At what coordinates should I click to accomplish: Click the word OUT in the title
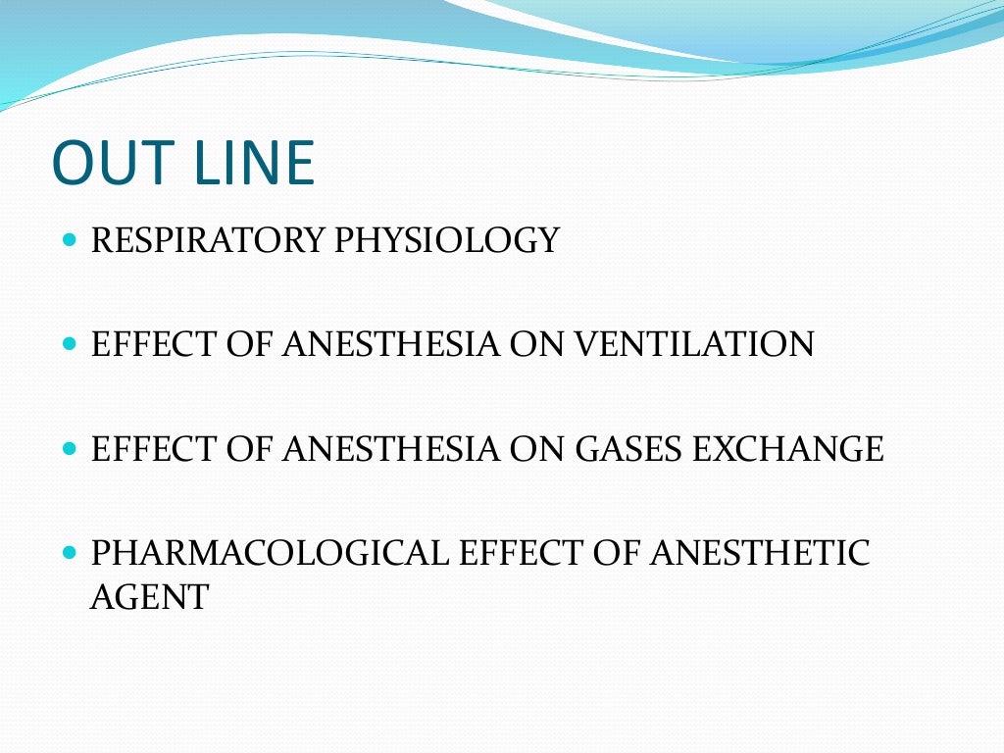click(115, 164)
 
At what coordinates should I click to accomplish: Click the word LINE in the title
click(255, 164)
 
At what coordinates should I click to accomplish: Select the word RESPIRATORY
click(208, 239)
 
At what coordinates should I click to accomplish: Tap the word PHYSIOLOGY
click(447, 239)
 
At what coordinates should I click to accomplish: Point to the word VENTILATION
click(694, 344)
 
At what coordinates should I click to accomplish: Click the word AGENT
click(149, 597)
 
